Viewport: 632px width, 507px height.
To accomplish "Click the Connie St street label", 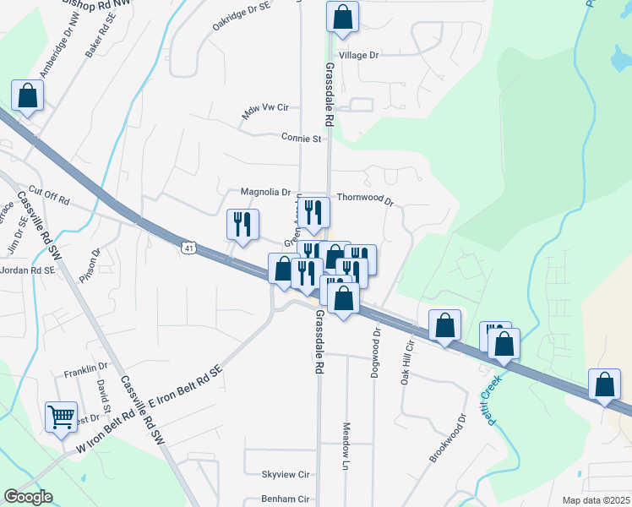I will click(x=302, y=137).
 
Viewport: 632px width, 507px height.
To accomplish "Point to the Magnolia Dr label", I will click(x=265, y=192).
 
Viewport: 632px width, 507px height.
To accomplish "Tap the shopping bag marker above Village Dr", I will click(x=342, y=18).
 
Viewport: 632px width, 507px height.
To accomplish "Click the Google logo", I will click(x=28, y=496).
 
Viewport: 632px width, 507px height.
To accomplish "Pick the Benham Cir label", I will click(x=285, y=499).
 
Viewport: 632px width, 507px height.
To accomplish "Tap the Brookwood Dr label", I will click(x=448, y=438).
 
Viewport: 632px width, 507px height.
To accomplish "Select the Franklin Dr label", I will click(x=86, y=370).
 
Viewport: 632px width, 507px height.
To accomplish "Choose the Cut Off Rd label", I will click(x=48, y=193).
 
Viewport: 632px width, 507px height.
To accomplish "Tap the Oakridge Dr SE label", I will click(x=241, y=16).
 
